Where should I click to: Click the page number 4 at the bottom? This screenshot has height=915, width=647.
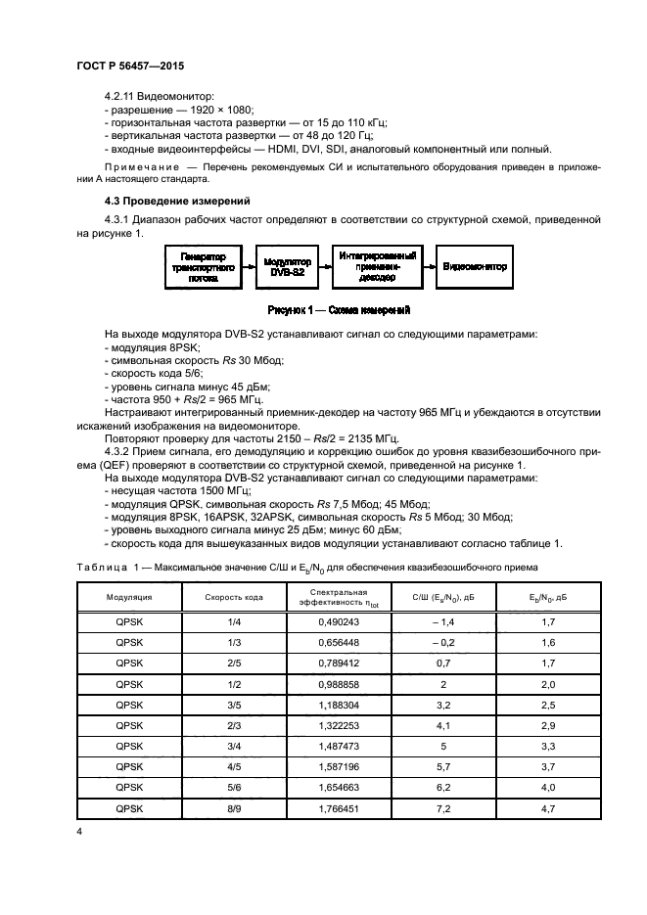(x=78, y=830)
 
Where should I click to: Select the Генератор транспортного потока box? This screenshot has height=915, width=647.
(x=203, y=265)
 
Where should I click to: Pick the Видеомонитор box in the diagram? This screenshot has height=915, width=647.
(x=474, y=265)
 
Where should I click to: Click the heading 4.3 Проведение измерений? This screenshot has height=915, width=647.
(x=159, y=201)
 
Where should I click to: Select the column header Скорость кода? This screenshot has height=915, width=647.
(x=233, y=596)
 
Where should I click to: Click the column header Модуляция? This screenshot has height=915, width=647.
(x=127, y=596)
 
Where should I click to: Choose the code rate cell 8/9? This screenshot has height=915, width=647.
(x=233, y=808)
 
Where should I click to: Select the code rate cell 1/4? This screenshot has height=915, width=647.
(x=233, y=620)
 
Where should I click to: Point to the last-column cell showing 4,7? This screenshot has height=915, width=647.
(x=548, y=808)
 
